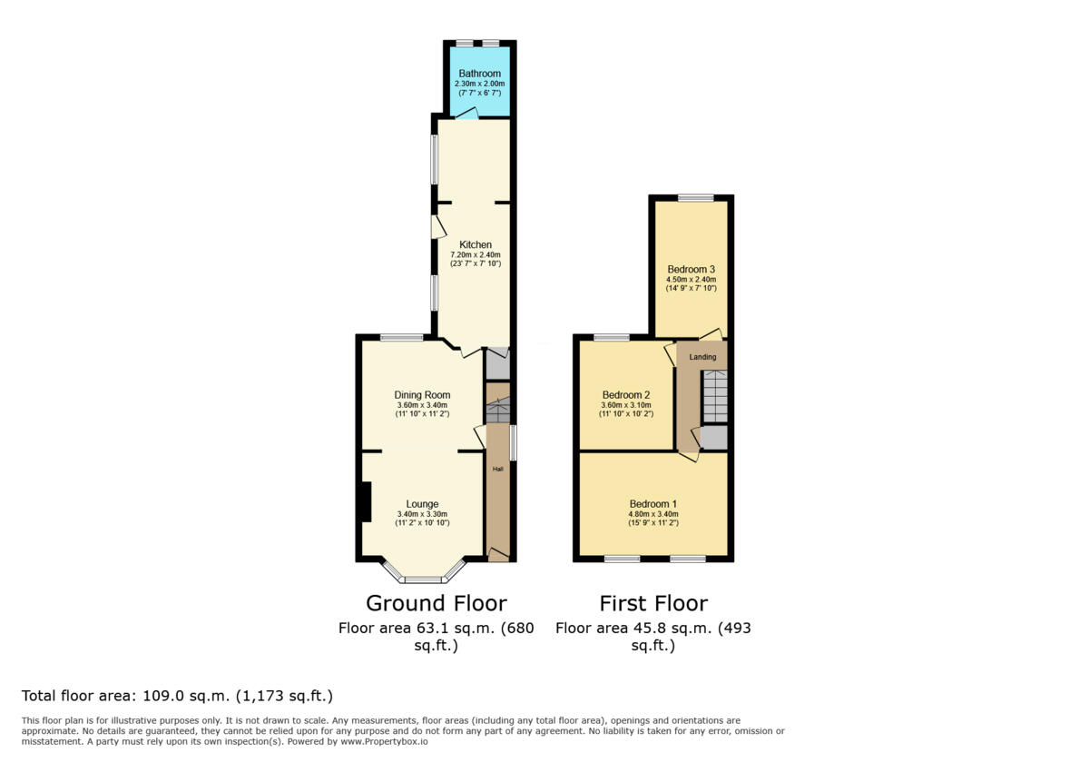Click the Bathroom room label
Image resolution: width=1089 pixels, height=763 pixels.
(x=479, y=74)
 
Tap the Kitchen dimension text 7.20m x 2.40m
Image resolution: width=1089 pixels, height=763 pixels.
(x=476, y=254)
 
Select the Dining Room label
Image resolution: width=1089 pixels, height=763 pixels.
(x=422, y=394)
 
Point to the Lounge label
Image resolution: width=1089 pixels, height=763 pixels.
(x=423, y=504)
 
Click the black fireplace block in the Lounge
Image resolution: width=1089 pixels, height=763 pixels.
(x=367, y=501)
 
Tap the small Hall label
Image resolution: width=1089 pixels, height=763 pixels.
(x=498, y=469)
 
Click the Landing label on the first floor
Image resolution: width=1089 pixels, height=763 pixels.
(x=702, y=357)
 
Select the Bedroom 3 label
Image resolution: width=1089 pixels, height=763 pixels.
(x=691, y=269)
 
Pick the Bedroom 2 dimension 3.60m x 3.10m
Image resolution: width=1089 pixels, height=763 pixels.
(x=626, y=405)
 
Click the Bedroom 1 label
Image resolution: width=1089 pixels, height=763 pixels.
(x=652, y=503)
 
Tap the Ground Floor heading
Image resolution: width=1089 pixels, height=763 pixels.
(x=437, y=603)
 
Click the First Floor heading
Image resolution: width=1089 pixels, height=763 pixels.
(x=653, y=603)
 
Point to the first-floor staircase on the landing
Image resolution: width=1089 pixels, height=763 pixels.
(x=715, y=396)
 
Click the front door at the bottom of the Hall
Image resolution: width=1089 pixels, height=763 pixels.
(x=498, y=555)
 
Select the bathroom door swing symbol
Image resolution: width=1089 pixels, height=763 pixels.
(x=466, y=113)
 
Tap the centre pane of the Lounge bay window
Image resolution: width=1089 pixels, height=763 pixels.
(x=423, y=580)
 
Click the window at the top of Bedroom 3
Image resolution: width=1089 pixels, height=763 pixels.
(x=696, y=198)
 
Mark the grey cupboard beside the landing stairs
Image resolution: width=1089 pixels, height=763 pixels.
(x=713, y=438)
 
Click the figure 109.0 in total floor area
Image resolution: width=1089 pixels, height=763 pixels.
(x=163, y=696)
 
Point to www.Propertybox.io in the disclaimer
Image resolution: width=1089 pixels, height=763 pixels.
(x=384, y=741)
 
